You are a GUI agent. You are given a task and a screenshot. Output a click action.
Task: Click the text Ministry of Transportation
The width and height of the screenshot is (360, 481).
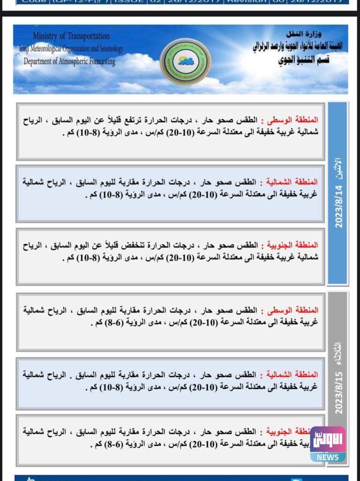coord(71,36)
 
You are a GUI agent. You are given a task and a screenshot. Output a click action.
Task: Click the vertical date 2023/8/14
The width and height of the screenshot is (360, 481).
coord(339,207)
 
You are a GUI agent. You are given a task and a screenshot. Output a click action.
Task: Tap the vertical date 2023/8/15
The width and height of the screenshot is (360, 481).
coord(339,393)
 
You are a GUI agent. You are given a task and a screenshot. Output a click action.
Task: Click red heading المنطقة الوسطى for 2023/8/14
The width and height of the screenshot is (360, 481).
coord(291,120)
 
